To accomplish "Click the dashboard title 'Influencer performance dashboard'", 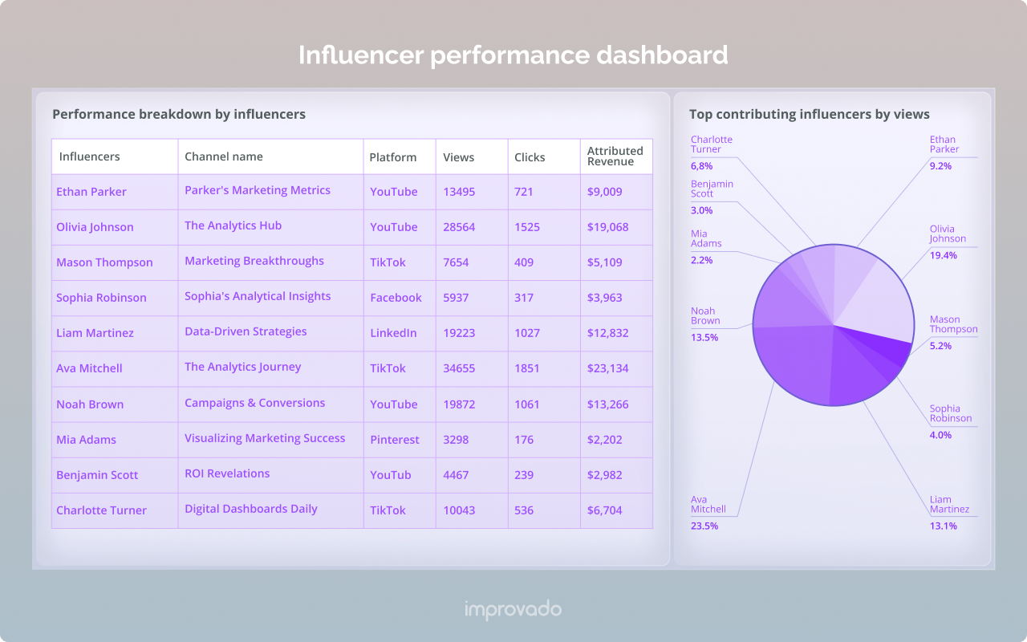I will click(513, 55).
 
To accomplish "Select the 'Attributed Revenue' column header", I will click(615, 156).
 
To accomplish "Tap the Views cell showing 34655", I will click(459, 368).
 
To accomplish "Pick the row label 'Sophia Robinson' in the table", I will click(101, 298).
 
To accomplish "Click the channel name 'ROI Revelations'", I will click(227, 473).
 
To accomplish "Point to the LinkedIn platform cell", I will click(393, 333).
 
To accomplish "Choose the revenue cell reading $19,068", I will click(607, 227).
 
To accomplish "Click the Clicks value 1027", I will click(527, 333).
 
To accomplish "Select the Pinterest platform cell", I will click(395, 440).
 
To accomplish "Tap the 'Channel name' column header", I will click(224, 156).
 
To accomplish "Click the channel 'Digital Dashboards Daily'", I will click(251, 509).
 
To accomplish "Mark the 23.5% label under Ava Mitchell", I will click(704, 526).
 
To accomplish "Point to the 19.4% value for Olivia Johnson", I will click(943, 255).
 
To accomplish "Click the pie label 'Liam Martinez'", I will click(949, 504).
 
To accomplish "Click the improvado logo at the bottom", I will click(513, 610).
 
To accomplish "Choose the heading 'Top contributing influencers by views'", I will click(809, 115).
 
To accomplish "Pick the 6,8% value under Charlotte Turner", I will click(701, 166).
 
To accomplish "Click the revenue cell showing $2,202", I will click(605, 440).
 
